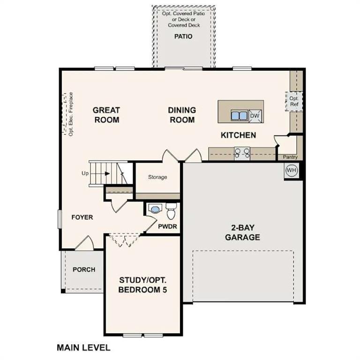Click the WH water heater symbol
pyautogui.click(x=292, y=170)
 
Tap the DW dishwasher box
pyautogui.click(x=255, y=115)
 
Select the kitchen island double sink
pyautogui.click(x=239, y=115)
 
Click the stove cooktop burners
pyautogui.click(x=242, y=151)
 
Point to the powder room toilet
pyautogui.click(x=171, y=211)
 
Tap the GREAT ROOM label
pyautogui.click(x=106, y=115)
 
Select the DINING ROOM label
pyautogui.click(x=182, y=115)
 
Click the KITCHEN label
pyautogui.click(x=239, y=135)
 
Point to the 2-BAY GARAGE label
pyautogui.click(x=242, y=232)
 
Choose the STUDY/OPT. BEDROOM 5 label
pyautogui.click(x=142, y=285)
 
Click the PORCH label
pyautogui.click(x=84, y=270)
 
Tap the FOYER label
pyautogui.click(x=82, y=217)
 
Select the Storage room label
pyautogui.click(x=157, y=177)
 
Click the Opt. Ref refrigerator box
pyautogui.click(x=294, y=101)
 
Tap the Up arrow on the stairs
pyautogui.click(x=107, y=173)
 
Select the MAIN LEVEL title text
pyautogui.click(x=83, y=348)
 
